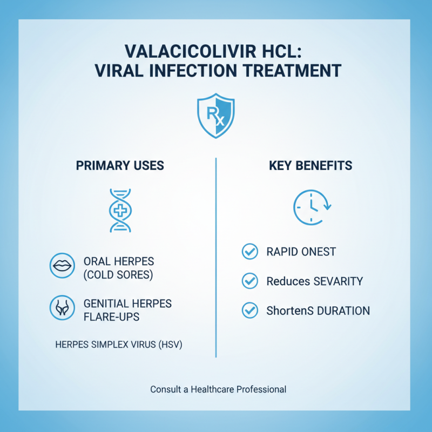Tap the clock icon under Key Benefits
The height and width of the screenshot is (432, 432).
(310, 207)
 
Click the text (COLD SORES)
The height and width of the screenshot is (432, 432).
(119, 275)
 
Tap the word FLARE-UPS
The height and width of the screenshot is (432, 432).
(111, 317)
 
